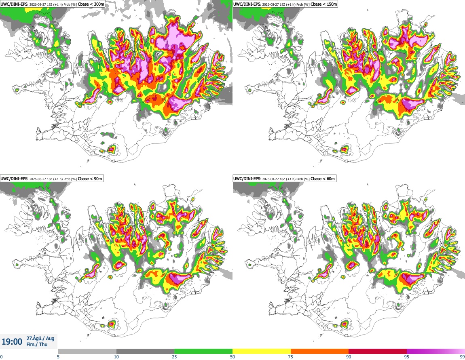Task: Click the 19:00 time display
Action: click(12, 342)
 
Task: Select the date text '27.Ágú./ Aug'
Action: click(40, 338)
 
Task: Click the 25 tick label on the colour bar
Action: click(174, 357)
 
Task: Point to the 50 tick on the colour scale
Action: click(232, 357)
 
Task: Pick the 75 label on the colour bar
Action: click(291, 357)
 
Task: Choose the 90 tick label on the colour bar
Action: click(349, 357)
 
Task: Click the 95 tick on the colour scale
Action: click(407, 357)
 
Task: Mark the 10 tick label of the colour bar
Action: click(116, 357)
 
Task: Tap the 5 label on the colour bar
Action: click(58, 357)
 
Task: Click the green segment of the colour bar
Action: click(203, 352)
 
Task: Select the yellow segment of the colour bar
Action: click(262, 352)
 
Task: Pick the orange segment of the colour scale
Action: click(320, 352)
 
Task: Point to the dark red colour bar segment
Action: click(378, 352)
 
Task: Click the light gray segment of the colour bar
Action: click(87, 352)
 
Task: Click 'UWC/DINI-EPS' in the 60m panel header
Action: click(247, 179)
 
